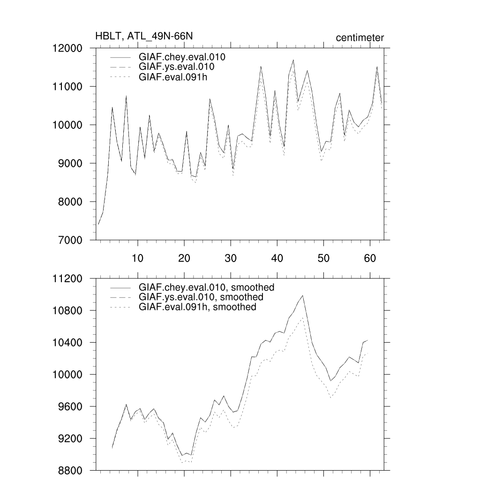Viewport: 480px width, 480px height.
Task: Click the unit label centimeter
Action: pos(360,38)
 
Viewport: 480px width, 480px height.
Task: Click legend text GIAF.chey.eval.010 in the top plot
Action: pos(182,57)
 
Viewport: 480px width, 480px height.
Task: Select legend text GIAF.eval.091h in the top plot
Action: pos(173,77)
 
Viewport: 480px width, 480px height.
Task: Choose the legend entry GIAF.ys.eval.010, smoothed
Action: pos(201,297)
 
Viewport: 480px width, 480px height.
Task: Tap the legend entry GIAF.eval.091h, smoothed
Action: pos(197,307)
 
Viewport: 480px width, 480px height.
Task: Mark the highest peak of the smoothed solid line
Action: pos(303,296)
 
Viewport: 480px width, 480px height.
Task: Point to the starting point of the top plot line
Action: pos(98,225)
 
